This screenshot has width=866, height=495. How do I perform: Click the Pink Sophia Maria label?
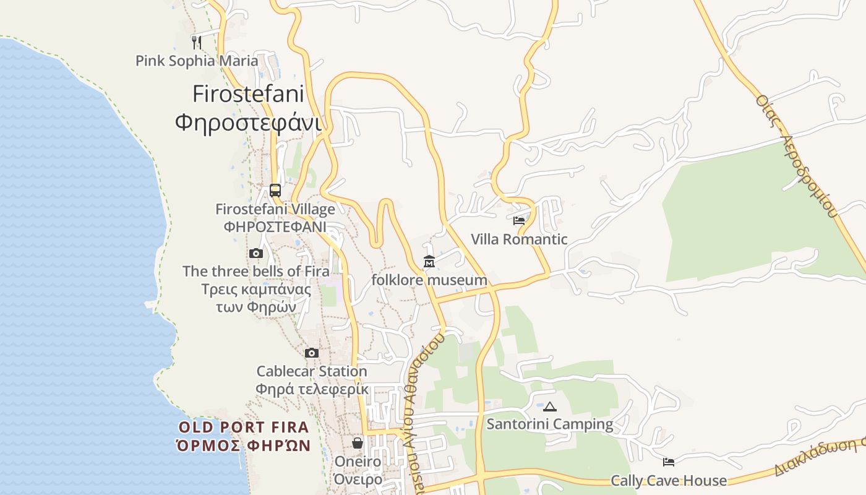tap(197, 61)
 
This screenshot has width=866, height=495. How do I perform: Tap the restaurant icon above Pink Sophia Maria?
tap(197, 42)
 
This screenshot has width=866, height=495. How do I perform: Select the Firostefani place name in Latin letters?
tap(248, 95)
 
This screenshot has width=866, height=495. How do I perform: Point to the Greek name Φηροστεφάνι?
tap(248, 122)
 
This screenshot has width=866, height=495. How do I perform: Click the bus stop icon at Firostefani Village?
tap(275, 191)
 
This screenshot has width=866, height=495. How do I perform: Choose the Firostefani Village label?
tap(275, 209)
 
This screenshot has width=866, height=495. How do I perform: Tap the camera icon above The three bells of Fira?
tap(256, 253)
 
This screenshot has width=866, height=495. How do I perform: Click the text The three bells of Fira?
tap(256, 271)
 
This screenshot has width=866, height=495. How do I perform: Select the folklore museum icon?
tap(429, 262)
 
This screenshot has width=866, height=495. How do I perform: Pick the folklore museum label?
tap(429, 280)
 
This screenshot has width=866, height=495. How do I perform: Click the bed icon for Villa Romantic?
tap(519, 220)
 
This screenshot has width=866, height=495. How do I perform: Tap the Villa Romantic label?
tap(519, 239)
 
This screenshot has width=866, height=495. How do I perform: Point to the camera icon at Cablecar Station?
tap(312, 353)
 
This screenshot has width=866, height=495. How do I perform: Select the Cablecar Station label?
tap(312, 371)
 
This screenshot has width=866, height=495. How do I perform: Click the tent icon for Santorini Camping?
tap(549, 407)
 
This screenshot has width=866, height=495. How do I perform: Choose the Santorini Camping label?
tap(549, 424)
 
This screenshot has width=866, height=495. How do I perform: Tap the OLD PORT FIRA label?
tap(243, 428)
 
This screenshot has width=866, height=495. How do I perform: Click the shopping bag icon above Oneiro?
tap(358, 443)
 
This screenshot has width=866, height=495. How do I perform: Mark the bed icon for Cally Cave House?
tap(669, 462)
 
